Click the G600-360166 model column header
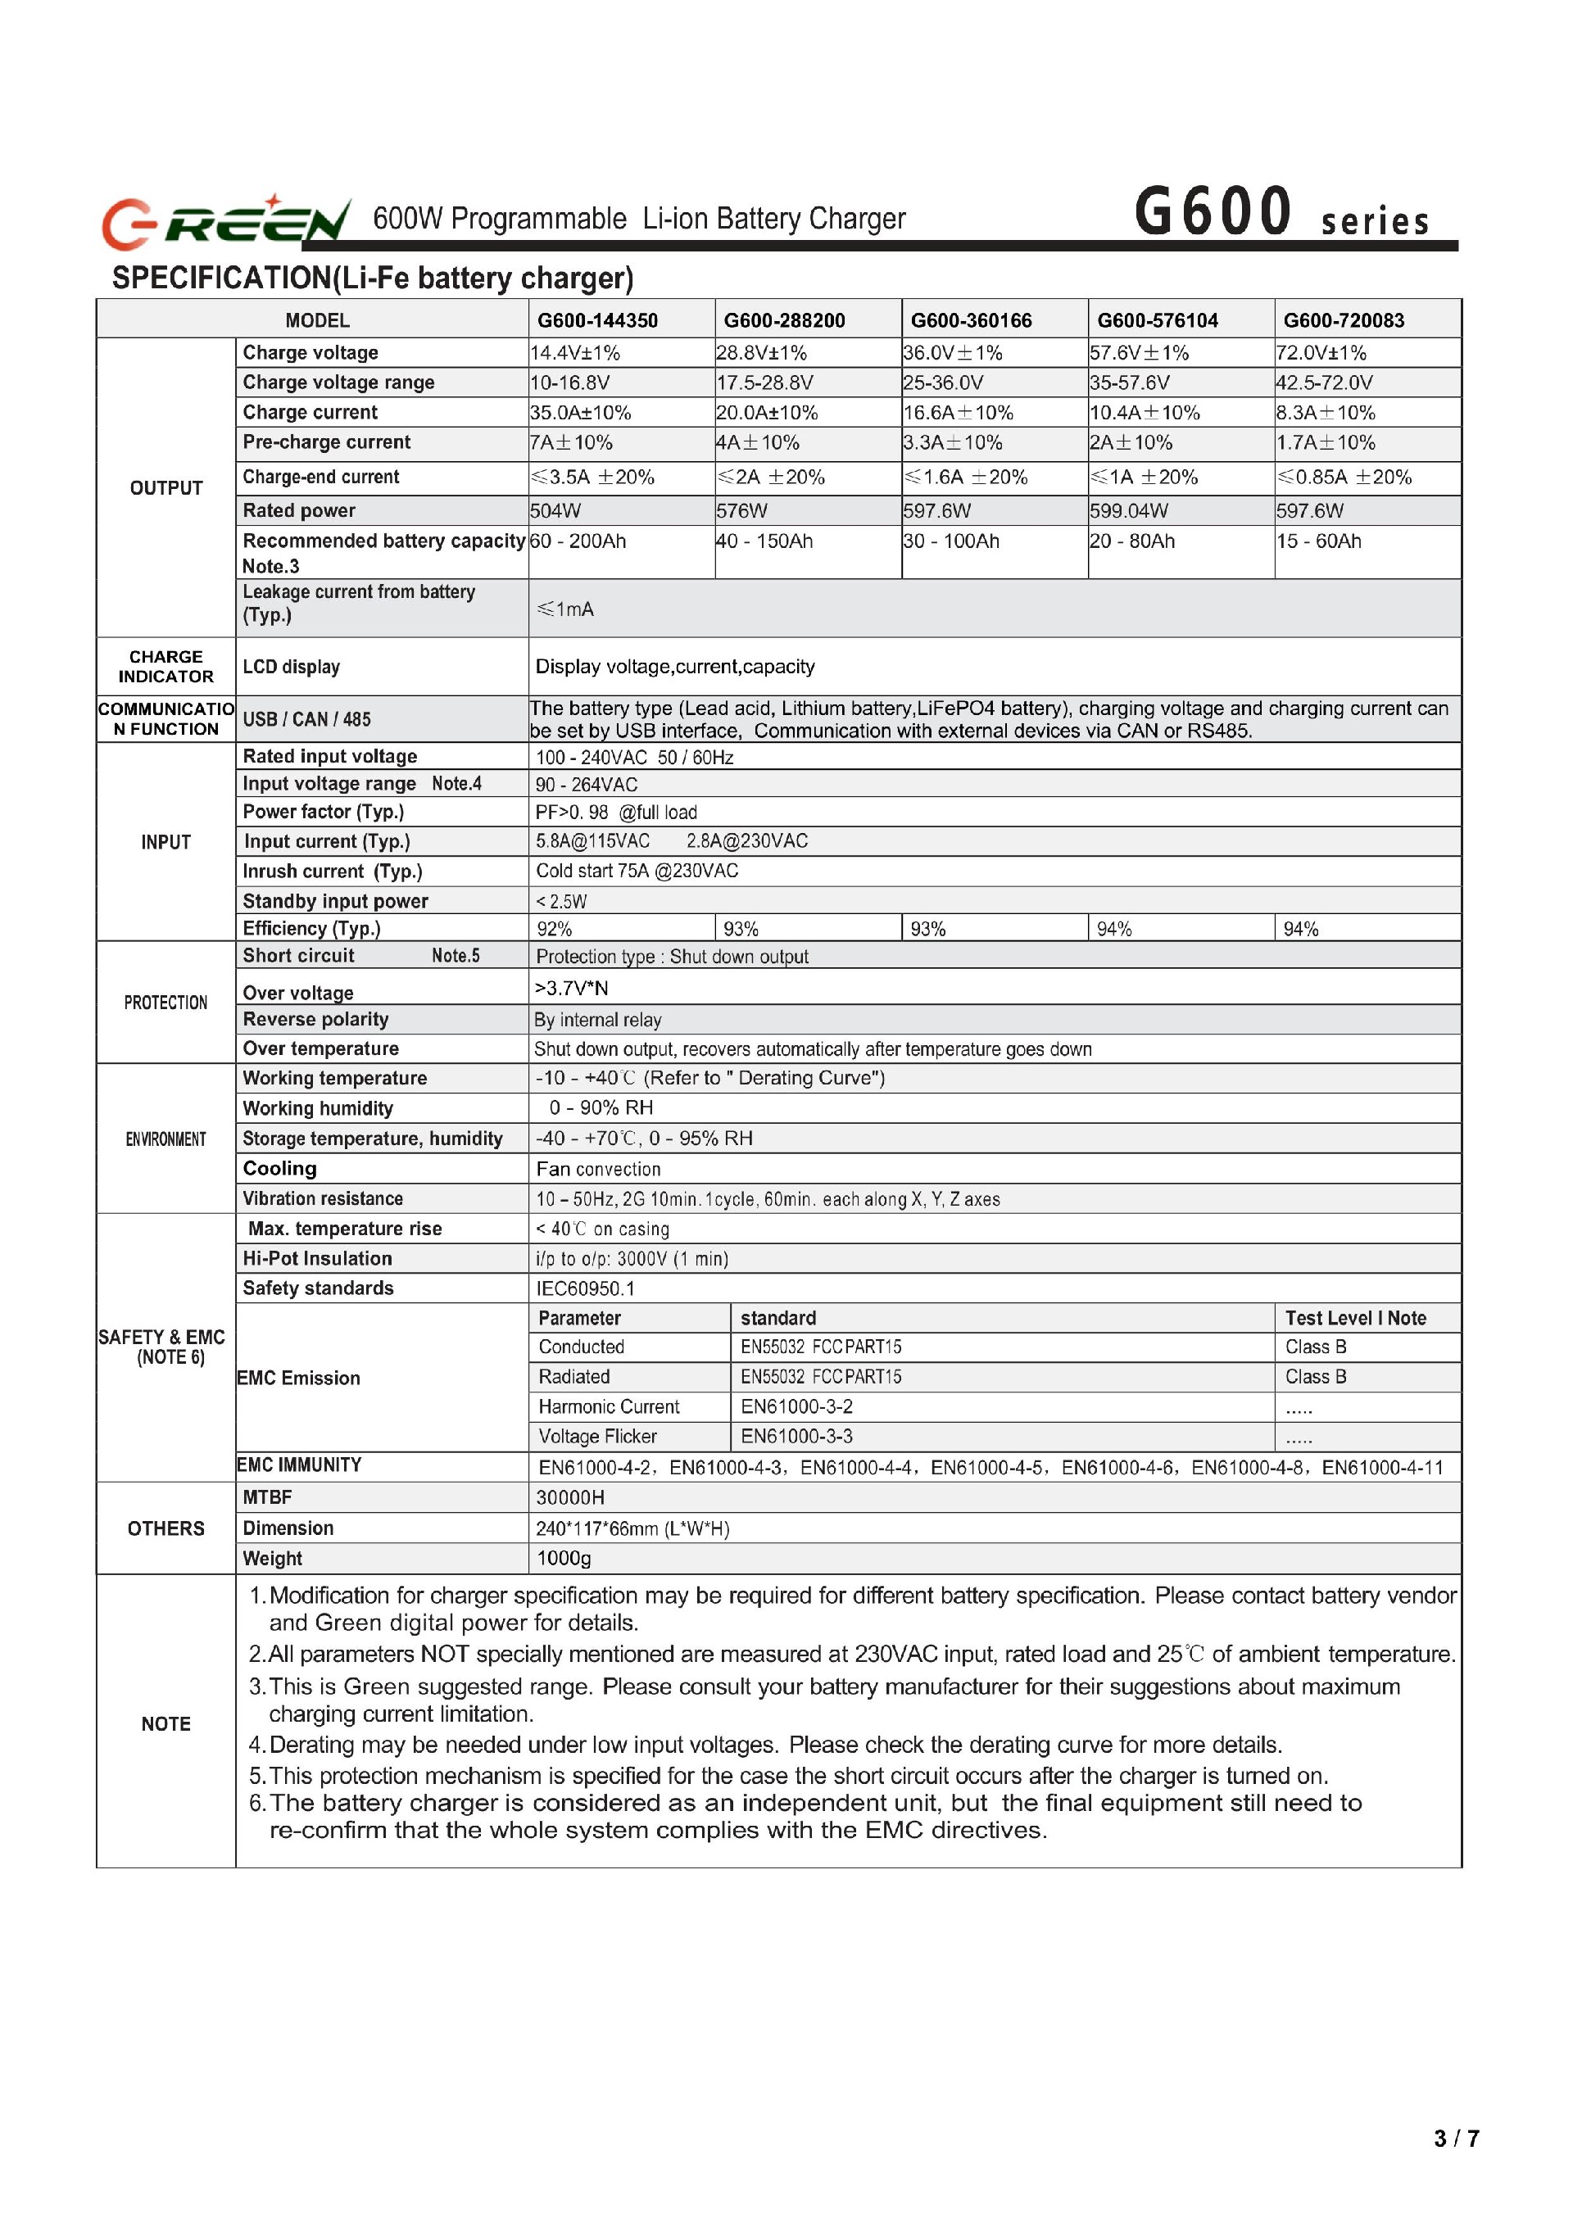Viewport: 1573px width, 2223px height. (x=971, y=320)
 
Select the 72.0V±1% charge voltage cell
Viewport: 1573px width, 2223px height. (x=1321, y=353)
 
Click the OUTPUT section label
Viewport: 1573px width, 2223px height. (x=165, y=488)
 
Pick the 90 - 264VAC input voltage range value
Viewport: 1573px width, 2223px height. (x=586, y=784)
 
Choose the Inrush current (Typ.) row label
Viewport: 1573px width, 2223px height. (x=333, y=872)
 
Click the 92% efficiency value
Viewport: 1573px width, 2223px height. (x=554, y=930)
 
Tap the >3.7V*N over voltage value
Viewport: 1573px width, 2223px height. (x=572, y=989)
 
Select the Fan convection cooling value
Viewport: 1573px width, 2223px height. (x=599, y=1170)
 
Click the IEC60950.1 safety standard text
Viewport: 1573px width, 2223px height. (x=585, y=1288)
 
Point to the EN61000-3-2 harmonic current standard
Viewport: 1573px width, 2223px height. (x=796, y=1407)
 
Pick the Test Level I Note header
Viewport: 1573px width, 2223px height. (x=1355, y=1319)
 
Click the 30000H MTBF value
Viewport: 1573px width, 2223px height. (x=569, y=1498)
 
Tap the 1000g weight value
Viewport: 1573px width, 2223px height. (x=563, y=1559)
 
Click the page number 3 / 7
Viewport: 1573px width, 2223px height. (x=1456, y=2138)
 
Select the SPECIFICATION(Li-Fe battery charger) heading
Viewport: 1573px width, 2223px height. (x=373, y=278)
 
